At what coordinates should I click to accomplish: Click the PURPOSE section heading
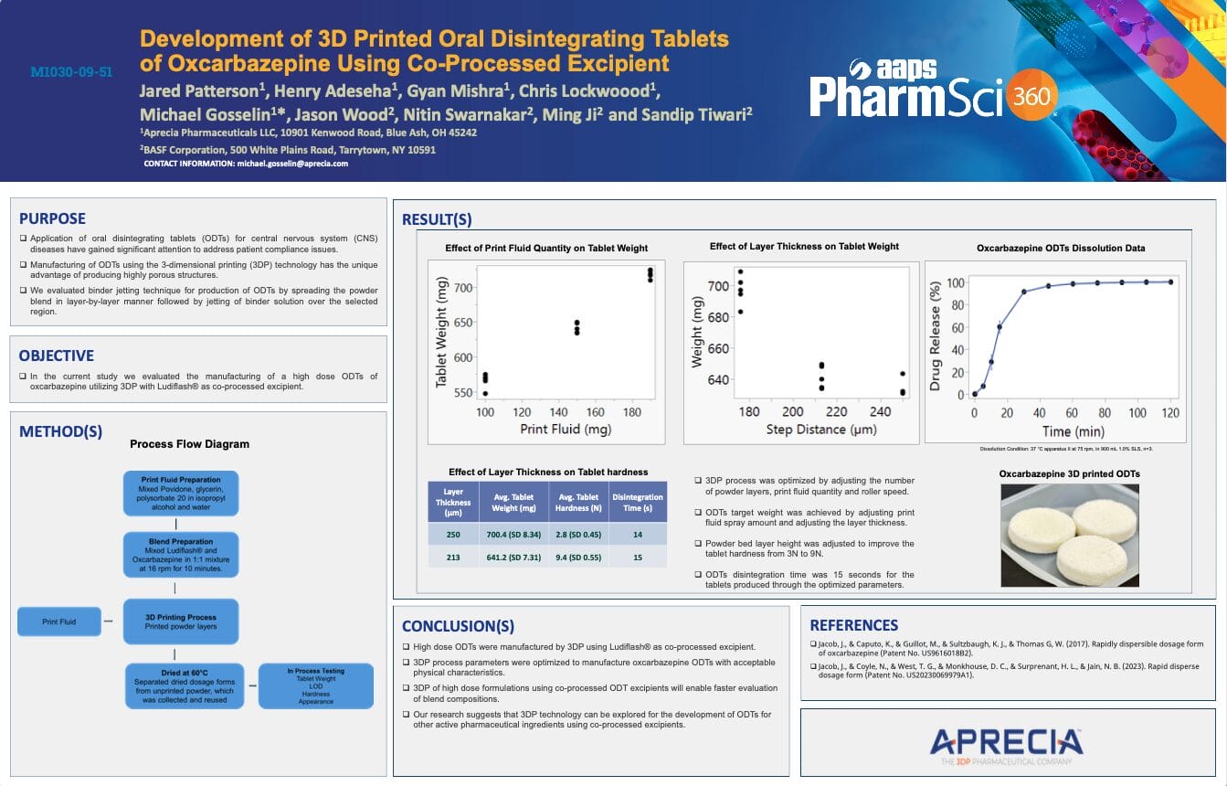[x=53, y=218]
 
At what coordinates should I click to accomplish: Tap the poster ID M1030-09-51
[x=71, y=71]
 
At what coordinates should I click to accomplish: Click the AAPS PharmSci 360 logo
[x=932, y=90]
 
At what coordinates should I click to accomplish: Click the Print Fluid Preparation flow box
[x=181, y=494]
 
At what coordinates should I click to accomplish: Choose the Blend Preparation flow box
[x=181, y=555]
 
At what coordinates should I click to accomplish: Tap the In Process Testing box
[x=316, y=685]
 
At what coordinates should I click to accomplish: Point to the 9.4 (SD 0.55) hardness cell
[x=578, y=557]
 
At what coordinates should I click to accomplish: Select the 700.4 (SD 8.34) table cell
[x=511, y=534]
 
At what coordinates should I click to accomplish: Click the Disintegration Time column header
[x=638, y=503]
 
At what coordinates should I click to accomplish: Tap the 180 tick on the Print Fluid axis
[x=631, y=412]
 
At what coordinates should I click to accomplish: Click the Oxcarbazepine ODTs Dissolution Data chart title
[x=1060, y=248]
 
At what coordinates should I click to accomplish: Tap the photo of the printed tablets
[x=1069, y=535]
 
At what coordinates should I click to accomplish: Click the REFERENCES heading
[x=853, y=625]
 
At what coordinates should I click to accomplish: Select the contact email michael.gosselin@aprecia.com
[x=292, y=164]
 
